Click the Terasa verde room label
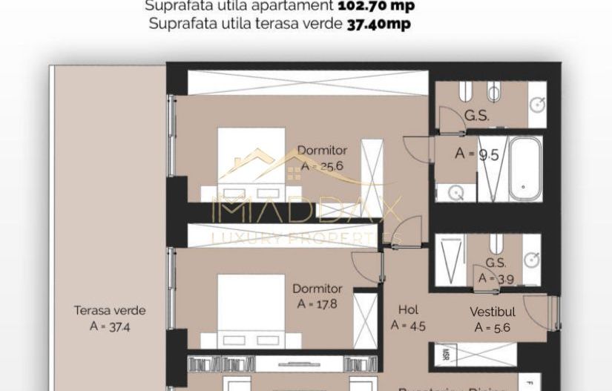tap(110, 311)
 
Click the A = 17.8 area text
tap(317, 303)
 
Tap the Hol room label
tap(408, 310)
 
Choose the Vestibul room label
tap(493, 312)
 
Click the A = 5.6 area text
tap(493, 327)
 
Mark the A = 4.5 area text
tap(408, 325)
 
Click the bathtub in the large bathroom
tap(525, 168)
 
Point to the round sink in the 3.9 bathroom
tap(531, 259)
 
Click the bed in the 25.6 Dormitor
tap(251, 163)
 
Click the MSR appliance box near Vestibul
tap(445, 355)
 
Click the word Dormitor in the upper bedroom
tap(322, 151)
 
